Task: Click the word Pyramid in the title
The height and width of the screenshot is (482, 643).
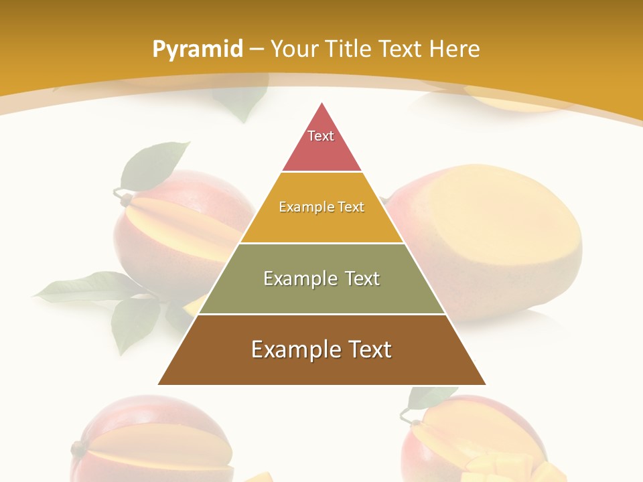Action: tap(197, 50)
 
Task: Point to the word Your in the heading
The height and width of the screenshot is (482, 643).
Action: tap(294, 49)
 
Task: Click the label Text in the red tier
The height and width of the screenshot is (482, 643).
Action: tap(321, 136)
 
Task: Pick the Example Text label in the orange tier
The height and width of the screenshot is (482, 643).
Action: tap(321, 207)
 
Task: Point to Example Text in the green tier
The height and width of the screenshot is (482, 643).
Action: tap(321, 278)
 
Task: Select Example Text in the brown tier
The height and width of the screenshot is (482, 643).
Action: tap(321, 349)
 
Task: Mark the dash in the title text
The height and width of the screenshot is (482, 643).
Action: tap(257, 49)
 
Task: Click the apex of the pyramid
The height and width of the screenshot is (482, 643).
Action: tap(322, 106)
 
